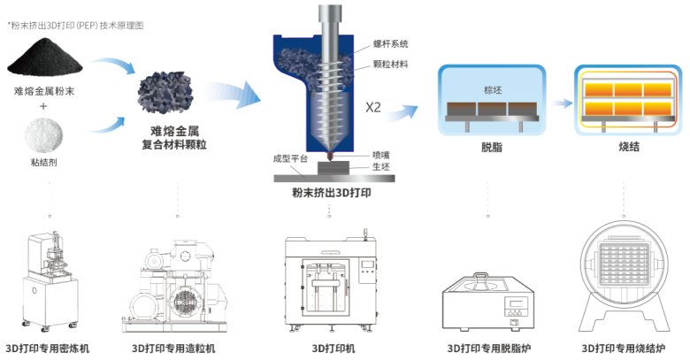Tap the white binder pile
[46, 135]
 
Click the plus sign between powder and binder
[46, 107]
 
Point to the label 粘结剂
[46, 164]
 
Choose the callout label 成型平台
[290, 160]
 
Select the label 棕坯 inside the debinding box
[492, 90]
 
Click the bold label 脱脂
[492, 148]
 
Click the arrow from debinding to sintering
[559, 102]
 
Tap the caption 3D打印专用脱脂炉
[488, 348]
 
